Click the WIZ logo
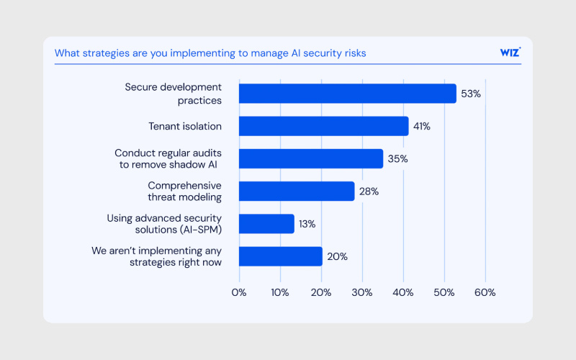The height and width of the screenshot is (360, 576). click(x=510, y=53)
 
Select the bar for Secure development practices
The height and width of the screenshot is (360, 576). click(x=347, y=94)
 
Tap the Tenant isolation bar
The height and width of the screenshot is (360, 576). click(x=323, y=126)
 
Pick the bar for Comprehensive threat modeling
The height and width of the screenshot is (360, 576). click(x=297, y=191)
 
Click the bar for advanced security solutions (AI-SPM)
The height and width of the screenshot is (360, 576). click(x=266, y=223)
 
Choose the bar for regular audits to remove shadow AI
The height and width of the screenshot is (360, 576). click(x=310, y=158)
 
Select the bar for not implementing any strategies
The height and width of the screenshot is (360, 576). click(x=280, y=256)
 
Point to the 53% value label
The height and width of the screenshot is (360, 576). click(x=471, y=94)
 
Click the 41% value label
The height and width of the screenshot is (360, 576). click(x=421, y=126)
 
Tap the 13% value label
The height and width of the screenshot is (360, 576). click(x=307, y=223)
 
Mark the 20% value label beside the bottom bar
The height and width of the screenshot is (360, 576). click(x=337, y=256)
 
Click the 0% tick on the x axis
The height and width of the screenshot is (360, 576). click(x=238, y=292)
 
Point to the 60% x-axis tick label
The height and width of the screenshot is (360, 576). click(x=485, y=292)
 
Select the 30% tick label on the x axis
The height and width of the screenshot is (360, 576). click(x=362, y=292)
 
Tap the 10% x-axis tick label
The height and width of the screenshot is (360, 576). click(x=280, y=292)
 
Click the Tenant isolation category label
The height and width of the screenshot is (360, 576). click(x=185, y=126)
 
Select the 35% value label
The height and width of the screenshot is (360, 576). click(x=397, y=158)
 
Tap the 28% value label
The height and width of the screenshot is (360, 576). click(x=369, y=191)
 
